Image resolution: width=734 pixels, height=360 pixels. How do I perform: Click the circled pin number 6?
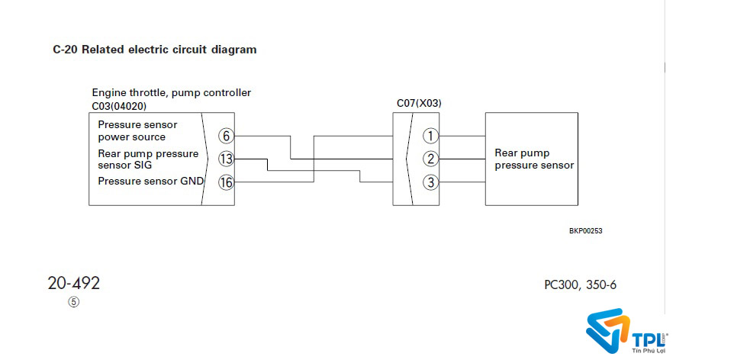225,136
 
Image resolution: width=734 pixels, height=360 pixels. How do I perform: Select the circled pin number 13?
225,159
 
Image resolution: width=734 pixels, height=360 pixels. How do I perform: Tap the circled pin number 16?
225,182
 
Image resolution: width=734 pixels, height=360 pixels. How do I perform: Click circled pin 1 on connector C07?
431,136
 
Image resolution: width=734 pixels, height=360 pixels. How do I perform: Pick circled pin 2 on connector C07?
431,159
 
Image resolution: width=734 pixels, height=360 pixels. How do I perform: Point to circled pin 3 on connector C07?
431,182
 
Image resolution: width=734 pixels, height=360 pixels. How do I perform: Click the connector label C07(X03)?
419,103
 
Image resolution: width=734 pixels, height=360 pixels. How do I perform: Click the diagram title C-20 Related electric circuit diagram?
155,50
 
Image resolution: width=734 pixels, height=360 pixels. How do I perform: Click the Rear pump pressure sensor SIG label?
147,159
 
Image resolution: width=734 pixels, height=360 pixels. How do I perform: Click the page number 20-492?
73,283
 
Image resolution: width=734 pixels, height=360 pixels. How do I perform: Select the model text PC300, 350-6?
580,285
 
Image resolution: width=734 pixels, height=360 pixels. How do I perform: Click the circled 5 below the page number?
73,301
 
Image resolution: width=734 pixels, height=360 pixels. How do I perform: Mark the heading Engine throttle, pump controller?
172,93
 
